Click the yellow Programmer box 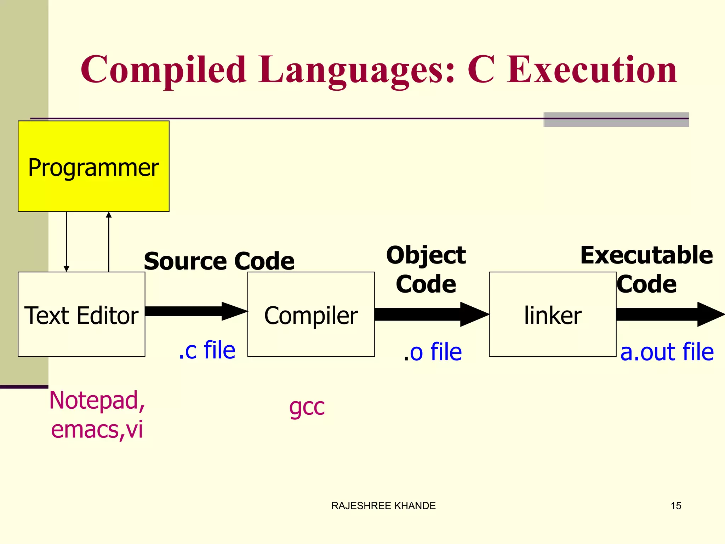tap(93, 166)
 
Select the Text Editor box tap(81, 314)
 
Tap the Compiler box tap(311, 314)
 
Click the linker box tap(552, 314)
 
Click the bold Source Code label tap(219, 261)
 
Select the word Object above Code tap(426, 255)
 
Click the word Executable tap(646, 255)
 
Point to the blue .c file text tap(207, 350)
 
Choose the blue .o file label tap(433, 352)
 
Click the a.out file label tap(667, 352)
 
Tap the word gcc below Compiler tap(307, 407)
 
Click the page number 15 tap(676, 506)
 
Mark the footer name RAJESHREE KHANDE tap(383, 506)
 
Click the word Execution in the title tap(592, 70)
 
